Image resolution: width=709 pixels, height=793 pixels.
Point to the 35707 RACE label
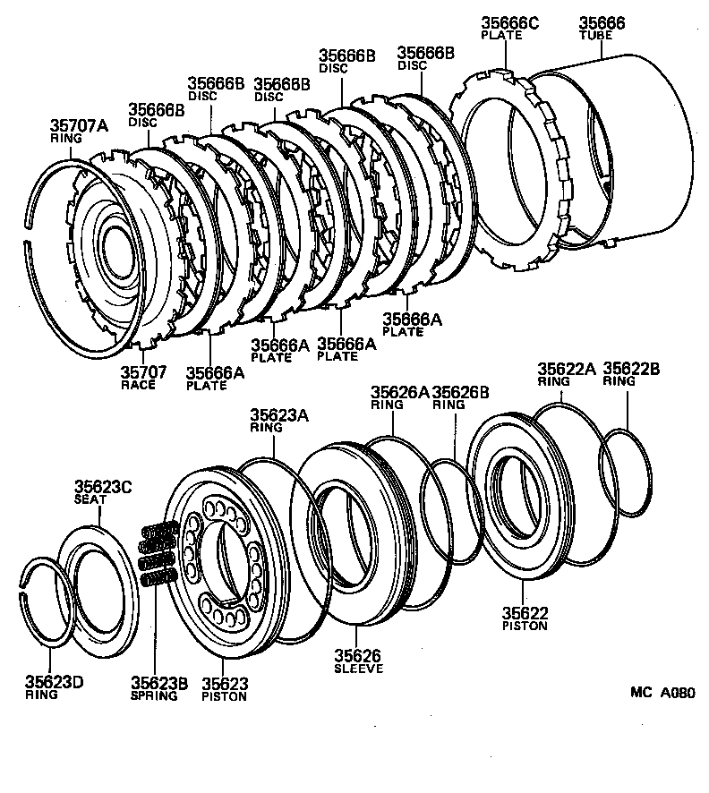point(138,377)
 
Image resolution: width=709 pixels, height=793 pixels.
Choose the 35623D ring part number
point(54,682)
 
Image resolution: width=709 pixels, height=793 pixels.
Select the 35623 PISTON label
point(223,688)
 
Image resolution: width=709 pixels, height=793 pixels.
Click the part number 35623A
point(278,414)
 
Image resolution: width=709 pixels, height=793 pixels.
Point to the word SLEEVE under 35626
point(358,668)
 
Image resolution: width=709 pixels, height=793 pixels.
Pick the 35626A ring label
point(400,392)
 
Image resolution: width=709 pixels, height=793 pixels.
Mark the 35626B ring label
point(460,392)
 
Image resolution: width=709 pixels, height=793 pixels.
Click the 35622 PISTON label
point(525,618)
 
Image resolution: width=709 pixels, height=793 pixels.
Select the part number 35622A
point(566,369)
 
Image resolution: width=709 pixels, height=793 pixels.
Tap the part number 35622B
point(632,369)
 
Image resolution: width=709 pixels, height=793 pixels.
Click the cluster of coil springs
point(156,555)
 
